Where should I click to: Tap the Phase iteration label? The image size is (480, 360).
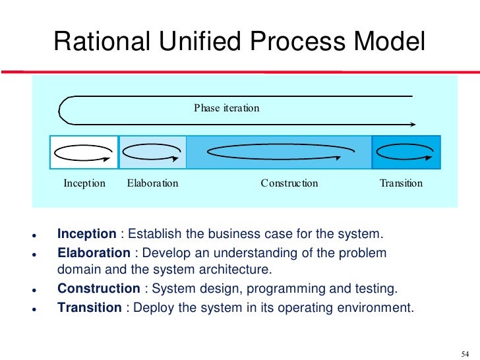click(226, 107)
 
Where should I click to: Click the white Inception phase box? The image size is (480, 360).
click(84, 152)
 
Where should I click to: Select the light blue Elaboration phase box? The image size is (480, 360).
click(152, 152)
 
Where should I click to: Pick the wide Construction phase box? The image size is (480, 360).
click(280, 152)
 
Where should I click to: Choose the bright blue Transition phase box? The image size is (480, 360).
click(406, 152)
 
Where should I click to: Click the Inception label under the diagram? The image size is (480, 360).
click(84, 183)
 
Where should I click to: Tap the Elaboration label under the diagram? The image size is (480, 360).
click(152, 183)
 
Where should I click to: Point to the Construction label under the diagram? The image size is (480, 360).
click(289, 183)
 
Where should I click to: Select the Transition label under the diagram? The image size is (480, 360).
click(401, 183)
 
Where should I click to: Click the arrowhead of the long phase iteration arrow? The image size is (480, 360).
click(412, 124)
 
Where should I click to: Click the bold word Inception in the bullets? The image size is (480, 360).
click(87, 234)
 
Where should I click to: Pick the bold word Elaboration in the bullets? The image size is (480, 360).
click(94, 253)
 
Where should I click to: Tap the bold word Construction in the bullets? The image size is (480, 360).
click(98, 289)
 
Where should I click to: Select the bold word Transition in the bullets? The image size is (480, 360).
click(89, 307)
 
